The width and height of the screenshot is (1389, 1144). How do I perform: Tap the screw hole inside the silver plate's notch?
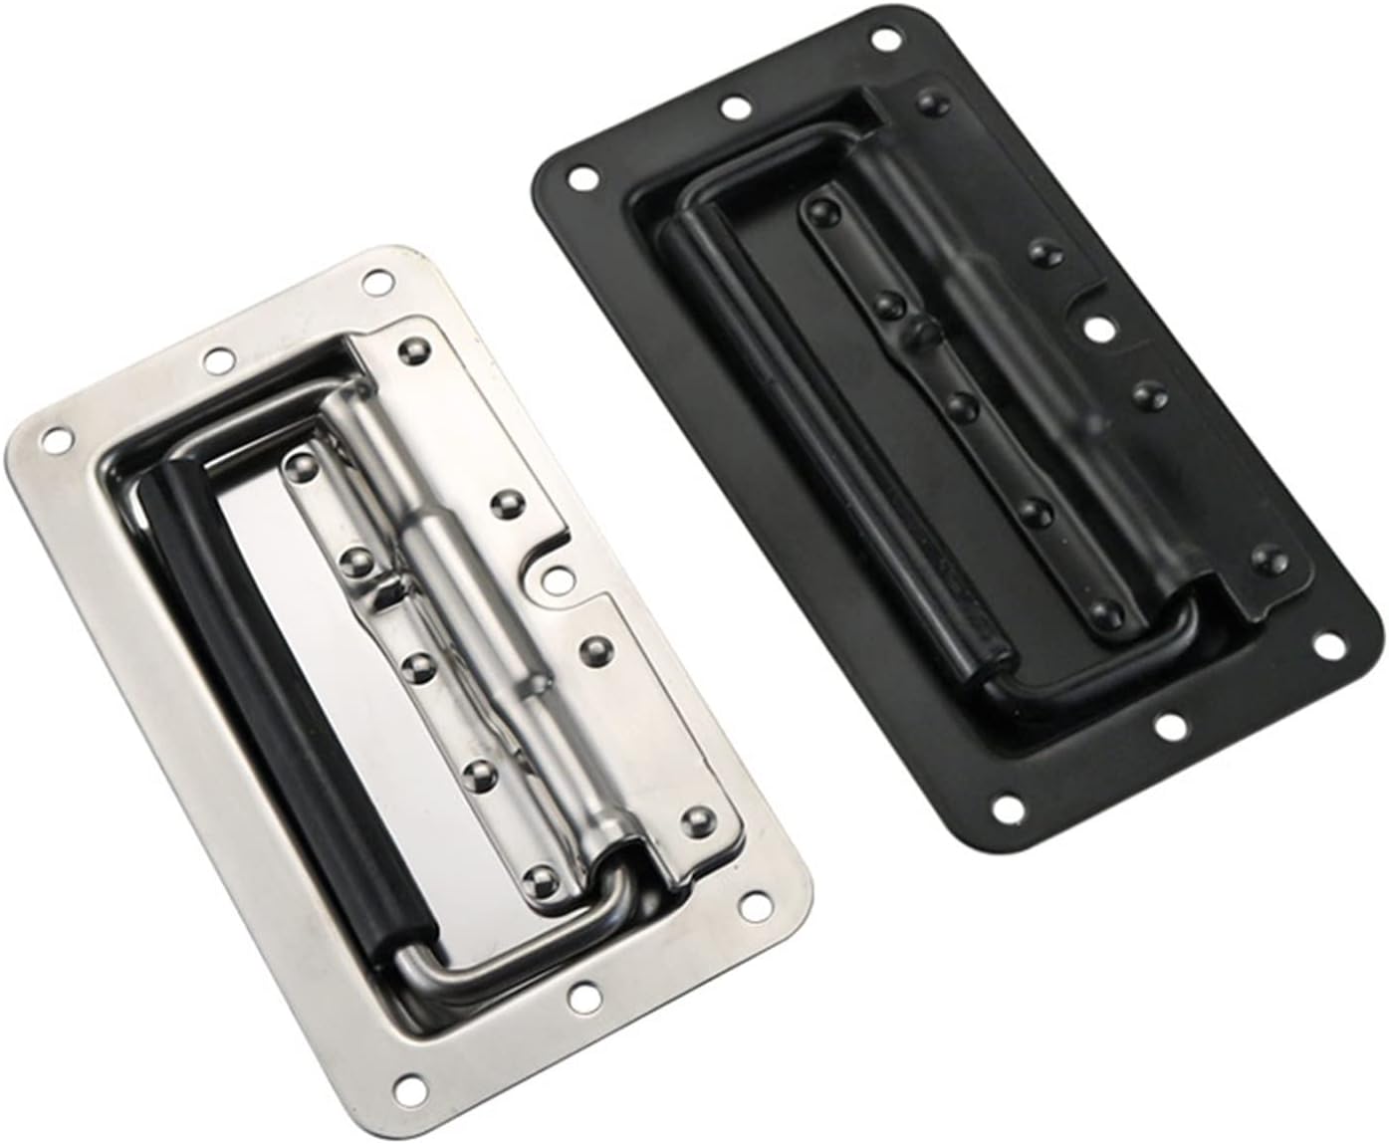[547, 575]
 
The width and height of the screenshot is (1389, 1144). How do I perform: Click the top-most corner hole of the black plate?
[884, 42]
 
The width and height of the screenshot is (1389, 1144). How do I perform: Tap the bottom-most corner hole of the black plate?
[1007, 803]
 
